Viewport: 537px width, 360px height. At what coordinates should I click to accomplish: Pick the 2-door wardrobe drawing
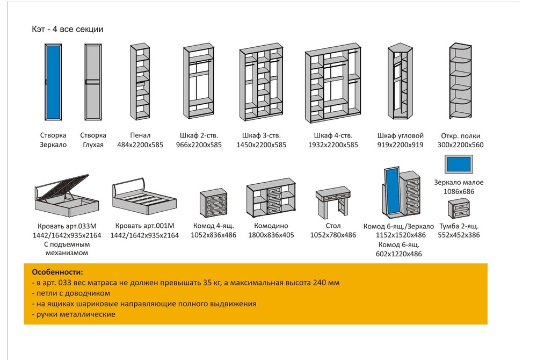[x=200, y=82]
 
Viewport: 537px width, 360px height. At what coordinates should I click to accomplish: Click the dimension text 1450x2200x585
[x=262, y=145]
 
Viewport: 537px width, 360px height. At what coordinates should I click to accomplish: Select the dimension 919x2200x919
[x=401, y=145]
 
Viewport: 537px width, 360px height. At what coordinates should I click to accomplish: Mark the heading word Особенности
[x=57, y=272]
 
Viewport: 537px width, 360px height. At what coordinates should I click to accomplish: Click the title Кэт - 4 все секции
[x=68, y=30]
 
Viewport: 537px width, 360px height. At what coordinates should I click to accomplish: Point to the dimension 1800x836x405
[x=271, y=235]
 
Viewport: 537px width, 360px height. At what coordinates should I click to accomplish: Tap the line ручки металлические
[x=74, y=314]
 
